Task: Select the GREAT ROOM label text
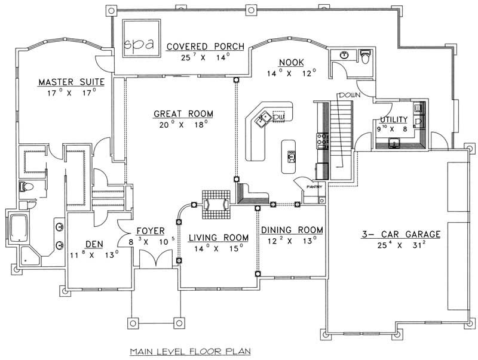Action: pos(183,113)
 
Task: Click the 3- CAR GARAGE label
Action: pos(400,234)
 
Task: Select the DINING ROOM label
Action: pos(292,230)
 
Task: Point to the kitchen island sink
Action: pos(292,156)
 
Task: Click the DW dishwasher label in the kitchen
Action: pos(278,117)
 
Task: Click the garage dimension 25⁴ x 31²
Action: pos(400,245)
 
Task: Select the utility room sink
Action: pos(395,143)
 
